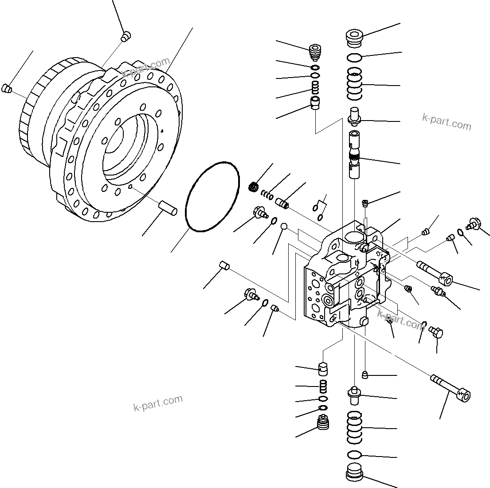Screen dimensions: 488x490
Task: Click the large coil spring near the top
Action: tap(354, 84)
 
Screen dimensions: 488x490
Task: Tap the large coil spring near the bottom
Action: tap(354, 427)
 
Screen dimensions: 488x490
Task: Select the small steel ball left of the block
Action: tap(284, 227)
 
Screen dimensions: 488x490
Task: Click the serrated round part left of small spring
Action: tap(254, 187)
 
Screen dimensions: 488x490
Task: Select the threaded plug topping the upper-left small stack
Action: tap(314, 53)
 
